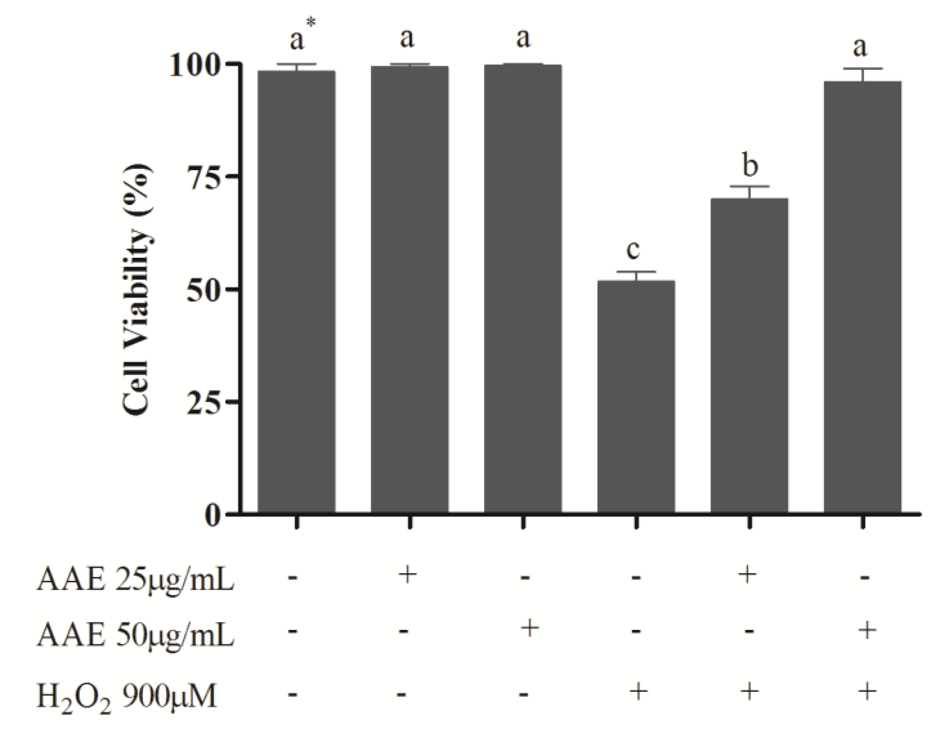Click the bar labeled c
coord(636,397)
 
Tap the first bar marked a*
coord(296,291)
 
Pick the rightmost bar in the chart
coord(862,296)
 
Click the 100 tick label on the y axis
coord(197,65)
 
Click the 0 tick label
coord(213,514)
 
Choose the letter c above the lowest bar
coord(634,250)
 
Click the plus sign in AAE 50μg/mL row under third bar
coord(529,629)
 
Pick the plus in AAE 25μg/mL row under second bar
coord(408,574)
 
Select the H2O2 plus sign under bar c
coord(638,692)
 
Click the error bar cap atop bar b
coord(749,187)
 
